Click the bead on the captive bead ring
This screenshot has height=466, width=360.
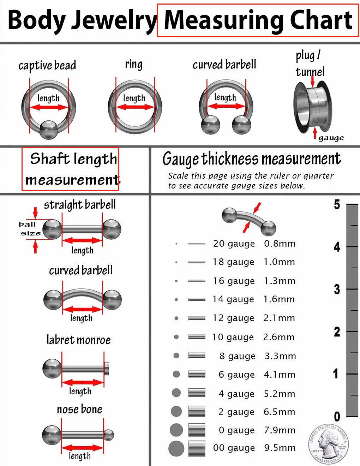(49, 130)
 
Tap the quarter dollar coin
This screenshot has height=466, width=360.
(329, 444)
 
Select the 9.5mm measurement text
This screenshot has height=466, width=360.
(280, 448)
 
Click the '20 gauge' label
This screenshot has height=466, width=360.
(234, 244)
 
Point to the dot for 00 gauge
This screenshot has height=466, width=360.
(176, 448)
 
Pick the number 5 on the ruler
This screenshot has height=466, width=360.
(337, 204)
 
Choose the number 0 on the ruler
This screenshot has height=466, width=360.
(337, 417)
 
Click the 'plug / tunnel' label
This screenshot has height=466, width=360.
(310, 64)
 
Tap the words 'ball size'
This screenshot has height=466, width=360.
(30, 229)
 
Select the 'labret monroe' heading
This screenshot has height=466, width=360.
(79, 340)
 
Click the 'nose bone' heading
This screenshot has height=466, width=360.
(79, 409)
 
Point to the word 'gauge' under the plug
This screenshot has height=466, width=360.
(331, 138)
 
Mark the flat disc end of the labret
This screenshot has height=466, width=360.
(107, 369)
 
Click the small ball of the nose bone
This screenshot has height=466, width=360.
(109, 435)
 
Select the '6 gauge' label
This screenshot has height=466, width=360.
(237, 375)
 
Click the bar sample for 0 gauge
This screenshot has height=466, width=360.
(197, 430)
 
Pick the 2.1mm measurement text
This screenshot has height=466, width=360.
(279, 318)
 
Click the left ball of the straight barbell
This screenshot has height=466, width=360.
(52, 229)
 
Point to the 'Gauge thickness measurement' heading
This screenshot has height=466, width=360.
(252, 159)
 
